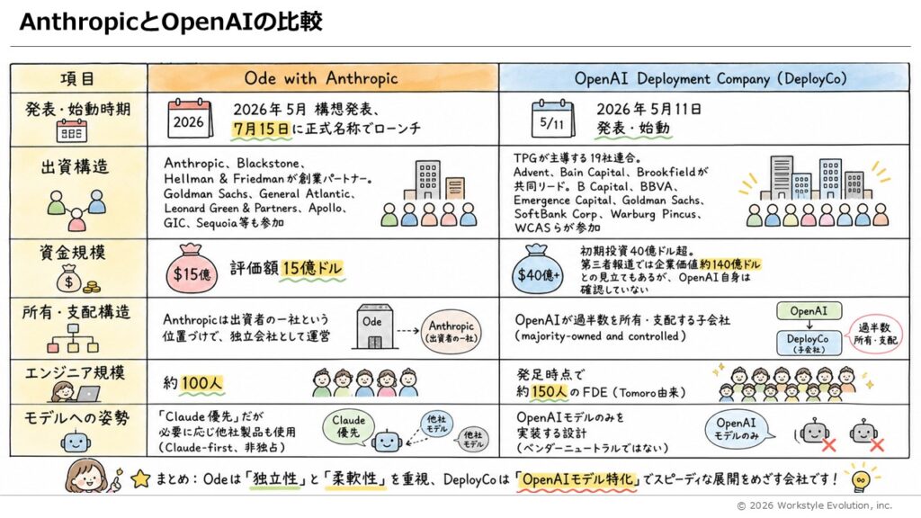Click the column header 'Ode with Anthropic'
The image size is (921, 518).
pos(321,78)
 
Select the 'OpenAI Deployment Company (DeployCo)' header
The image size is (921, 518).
pos(711,79)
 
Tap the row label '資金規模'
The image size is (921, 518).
pos(73,253)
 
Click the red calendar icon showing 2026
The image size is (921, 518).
pos(190,118)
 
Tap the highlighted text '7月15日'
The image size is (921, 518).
pos(262,128)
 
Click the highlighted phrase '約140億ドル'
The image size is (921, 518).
pos(730,264)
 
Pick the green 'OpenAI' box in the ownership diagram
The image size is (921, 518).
pos(809,311)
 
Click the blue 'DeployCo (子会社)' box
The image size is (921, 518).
pos(809,344)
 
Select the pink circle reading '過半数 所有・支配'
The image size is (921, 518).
pos(875,334)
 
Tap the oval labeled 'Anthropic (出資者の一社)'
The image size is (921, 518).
pos(451,331)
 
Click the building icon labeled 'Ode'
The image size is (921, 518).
pos(371,326)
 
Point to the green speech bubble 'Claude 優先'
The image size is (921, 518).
pos(349,427)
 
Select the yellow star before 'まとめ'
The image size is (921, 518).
pos(140,479)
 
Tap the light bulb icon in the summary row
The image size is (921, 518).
pos(861,478)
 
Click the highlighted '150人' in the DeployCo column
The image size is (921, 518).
pos(550,392)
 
